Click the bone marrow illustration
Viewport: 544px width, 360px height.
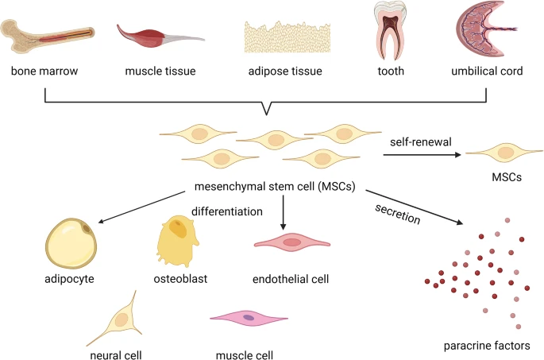52,33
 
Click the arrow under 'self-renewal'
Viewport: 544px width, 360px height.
421,155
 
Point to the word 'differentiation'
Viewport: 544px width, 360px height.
226,211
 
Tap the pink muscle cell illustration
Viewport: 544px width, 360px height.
249,318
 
